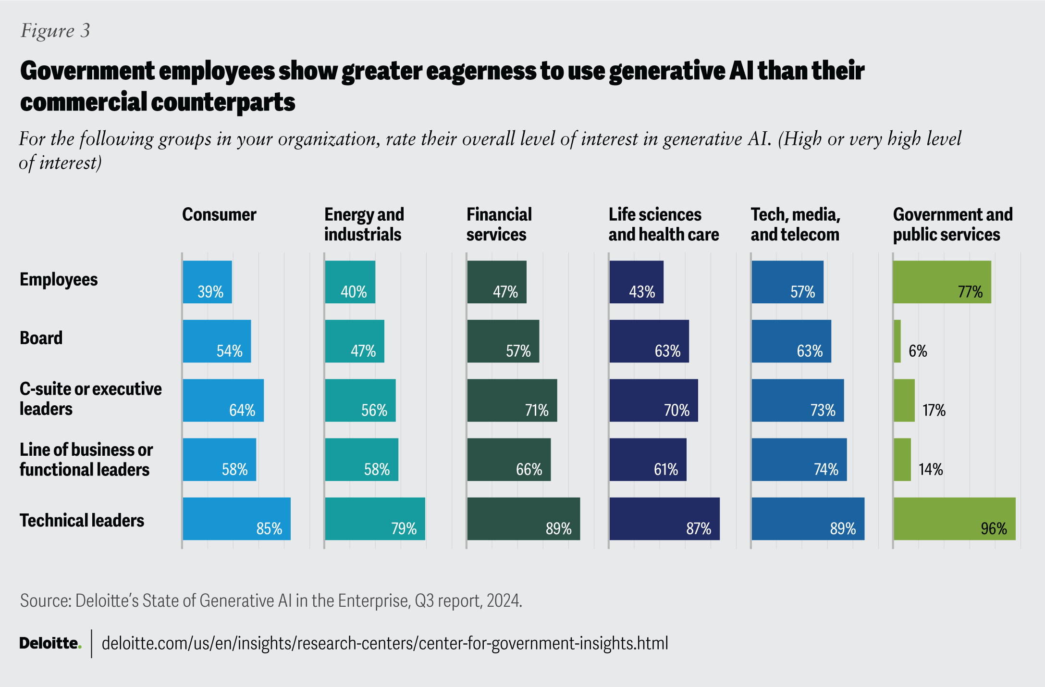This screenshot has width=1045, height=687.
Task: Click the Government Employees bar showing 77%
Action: (x=942, y=282)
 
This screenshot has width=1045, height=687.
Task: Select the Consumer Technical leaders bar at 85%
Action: (x=236, y=519)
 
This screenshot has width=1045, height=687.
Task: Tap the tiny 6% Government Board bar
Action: (x=897, y=341)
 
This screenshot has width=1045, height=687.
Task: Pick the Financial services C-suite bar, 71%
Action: (x=512, y=400)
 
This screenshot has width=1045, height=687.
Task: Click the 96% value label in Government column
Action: (x=994, y=529)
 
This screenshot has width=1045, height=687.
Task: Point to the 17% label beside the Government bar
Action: (x=934, y=410)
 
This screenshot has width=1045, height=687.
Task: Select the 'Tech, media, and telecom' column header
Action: (x=795, y=225)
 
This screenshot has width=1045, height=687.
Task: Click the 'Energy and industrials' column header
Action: (x=364, y=225)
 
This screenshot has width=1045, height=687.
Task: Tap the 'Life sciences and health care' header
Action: (x=664, y=225)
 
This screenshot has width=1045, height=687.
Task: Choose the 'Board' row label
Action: (x=41, y=338)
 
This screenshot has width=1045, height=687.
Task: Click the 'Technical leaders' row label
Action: (x=82, y=520)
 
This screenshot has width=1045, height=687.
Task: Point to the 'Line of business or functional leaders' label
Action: (x=86, y=459)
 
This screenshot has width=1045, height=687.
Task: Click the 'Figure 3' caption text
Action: (x=55, y=31)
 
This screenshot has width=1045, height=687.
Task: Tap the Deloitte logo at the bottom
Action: (x=50, y=643)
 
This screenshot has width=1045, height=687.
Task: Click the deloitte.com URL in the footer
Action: (x=384, y=643)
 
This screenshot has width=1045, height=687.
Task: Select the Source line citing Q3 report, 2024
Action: (x=271, y=601)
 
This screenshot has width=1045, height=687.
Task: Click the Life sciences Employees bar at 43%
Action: (x=636, y=282)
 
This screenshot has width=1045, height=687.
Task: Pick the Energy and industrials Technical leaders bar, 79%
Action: (x=375, y=519)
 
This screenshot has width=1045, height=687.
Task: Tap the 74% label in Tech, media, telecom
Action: (x=825, y=469)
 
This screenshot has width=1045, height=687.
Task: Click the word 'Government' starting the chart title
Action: (x=87, y=71)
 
